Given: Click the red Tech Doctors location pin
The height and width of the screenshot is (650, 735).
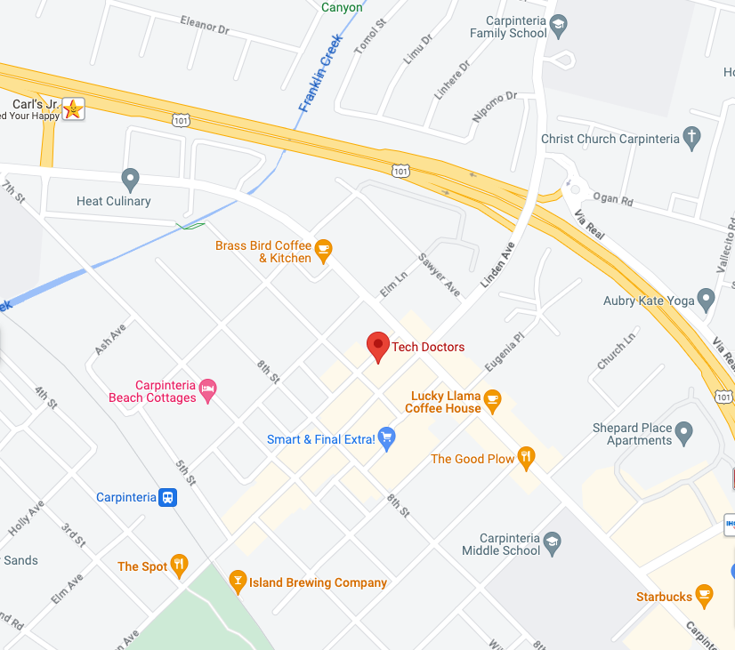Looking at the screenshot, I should click(378, 346).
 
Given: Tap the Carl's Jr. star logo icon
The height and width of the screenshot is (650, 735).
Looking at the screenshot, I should click(74, 109).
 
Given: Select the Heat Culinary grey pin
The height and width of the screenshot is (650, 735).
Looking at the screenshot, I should click(131, 180).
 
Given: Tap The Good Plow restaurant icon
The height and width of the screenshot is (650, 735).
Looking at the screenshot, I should click(527, 459).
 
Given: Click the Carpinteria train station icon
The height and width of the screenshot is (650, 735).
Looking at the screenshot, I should click(167, 497).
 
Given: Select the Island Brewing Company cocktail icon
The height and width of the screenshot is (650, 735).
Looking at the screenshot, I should click(237, 582).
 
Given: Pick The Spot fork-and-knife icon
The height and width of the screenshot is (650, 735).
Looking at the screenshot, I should click(180, 566).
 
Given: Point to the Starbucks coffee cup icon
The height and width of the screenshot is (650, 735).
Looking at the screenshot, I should click(704, 596).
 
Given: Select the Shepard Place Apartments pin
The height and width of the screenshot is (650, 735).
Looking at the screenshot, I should click(683, 434).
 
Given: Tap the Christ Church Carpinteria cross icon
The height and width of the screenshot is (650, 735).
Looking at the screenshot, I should click(691, 139).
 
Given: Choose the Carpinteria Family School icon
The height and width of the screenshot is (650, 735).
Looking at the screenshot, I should click(559, 27).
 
